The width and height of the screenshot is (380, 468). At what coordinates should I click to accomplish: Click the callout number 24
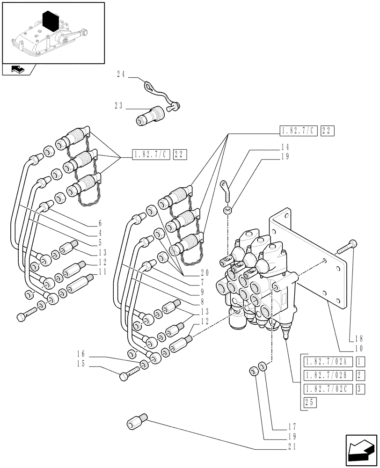click(x=121, y=73)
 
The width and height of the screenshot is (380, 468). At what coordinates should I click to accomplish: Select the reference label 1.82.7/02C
click(x=327, y=388)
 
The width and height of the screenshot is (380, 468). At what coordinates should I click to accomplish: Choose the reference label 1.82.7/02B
click(x=327, y=375)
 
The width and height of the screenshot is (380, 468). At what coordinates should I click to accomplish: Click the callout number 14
click(x=285, y=147)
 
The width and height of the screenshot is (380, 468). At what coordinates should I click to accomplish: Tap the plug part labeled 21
click(x=138, y=423)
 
